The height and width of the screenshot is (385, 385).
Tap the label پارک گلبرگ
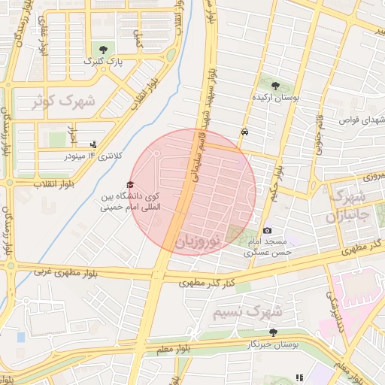[x=102, y=60]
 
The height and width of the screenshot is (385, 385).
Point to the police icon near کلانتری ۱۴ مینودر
[x=93, y=144]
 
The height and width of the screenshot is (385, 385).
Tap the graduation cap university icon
[x=129, y=184]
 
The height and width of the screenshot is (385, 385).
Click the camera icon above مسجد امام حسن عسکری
[x=267, y=230]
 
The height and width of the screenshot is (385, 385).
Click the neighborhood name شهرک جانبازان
[x=347, y=207]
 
